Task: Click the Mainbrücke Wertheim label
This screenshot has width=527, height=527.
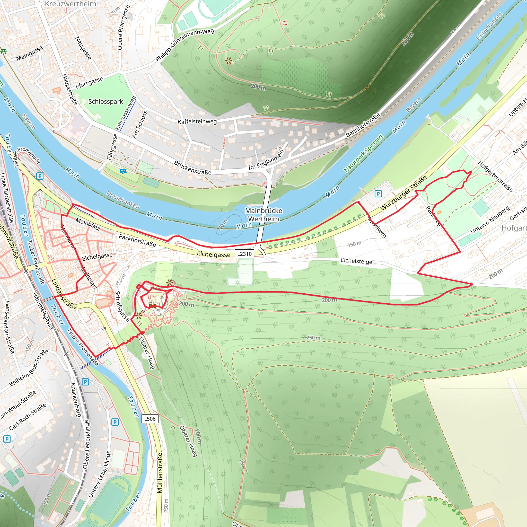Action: (x=263, y=215)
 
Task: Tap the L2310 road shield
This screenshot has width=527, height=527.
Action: (x=244, y=254)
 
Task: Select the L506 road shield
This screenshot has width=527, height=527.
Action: (x=150, y=419)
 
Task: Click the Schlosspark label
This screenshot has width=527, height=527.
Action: (x=106, y=101)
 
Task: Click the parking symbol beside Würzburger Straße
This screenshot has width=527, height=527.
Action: (x=378, y=194)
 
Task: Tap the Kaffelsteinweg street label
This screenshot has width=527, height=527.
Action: (x=197, y=121)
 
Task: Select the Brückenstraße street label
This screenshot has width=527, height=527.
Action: (x=192, y=168)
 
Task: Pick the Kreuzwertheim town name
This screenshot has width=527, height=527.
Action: (x=70, y=4)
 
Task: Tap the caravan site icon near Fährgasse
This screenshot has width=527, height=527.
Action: (x=123, y=171)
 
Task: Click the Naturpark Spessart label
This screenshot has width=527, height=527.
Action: (x=363, y=153)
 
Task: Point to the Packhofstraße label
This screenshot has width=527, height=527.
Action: (x=137, y=240)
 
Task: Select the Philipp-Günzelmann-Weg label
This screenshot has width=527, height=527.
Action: (x=185, y=45)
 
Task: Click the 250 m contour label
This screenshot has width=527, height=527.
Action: (x=313, y=338)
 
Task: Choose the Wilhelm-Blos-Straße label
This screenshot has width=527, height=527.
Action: (x=29, y=368)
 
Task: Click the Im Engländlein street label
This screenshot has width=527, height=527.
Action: (x=266, y=160)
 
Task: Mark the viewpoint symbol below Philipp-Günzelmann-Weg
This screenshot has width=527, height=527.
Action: (x=229, y=61)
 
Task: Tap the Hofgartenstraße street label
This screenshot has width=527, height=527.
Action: (x=495, y=176)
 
